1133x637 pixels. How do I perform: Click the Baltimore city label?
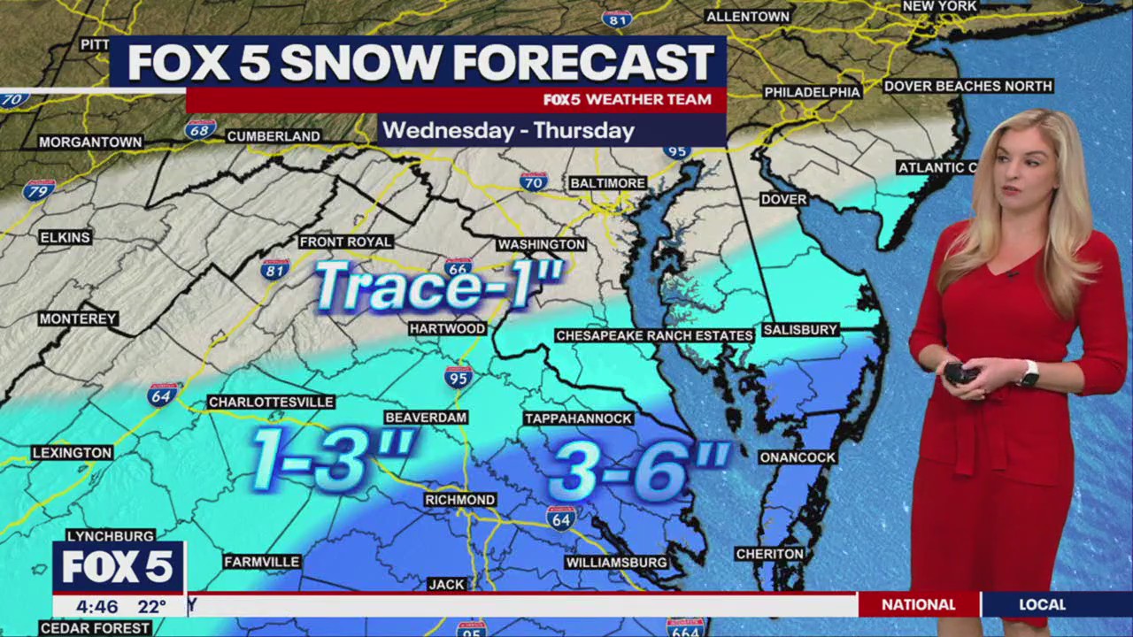607,182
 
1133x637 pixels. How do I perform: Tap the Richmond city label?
459,500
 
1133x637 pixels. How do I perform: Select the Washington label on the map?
541,244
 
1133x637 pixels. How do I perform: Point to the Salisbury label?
799,329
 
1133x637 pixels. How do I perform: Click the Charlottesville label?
271,402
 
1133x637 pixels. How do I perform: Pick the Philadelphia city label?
812,92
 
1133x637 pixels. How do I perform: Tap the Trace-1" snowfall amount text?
439,286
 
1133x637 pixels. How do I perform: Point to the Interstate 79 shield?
39,190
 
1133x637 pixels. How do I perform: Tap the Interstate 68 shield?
200,129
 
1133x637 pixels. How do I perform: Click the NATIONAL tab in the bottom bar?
918,605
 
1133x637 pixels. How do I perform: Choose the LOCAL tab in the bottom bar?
1042,605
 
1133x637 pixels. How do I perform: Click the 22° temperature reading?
151,607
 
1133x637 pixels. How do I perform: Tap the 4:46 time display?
96,607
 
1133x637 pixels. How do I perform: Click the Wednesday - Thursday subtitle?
508,131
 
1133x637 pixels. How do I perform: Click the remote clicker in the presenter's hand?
959,372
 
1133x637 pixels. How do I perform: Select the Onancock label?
797,457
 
